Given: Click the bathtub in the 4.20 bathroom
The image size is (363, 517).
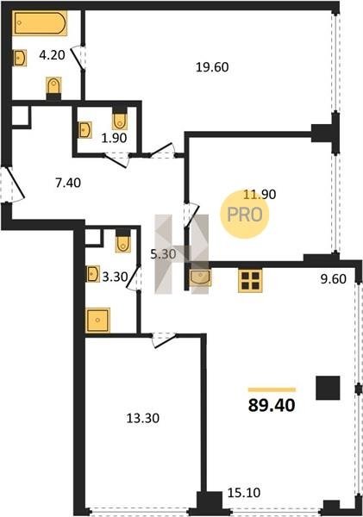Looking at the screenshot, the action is (x=40, y=22).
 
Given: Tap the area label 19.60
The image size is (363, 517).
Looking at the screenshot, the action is (x=212, y=67).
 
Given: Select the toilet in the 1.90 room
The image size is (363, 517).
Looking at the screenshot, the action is (x=120, y=119).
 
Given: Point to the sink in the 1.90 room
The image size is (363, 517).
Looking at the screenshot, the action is (x=85, y=129).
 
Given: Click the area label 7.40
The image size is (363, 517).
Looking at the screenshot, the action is (x=68, y=183).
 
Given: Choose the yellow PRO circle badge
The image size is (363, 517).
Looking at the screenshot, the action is (x=245, y=215).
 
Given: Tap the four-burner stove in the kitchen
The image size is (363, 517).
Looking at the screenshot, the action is (x=250, y=281).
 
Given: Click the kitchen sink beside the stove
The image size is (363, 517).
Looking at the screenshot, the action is (x=200, y=277).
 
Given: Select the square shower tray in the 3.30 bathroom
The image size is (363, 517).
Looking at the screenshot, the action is (x=97, y=321).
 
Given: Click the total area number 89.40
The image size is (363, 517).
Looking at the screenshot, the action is (x=272, y=405).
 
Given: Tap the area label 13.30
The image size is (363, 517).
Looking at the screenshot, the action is (x=143, y=418).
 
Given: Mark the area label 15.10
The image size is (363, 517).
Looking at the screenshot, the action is (x=244, y=493).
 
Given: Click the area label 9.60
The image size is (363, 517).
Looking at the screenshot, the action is (x=334, y=279).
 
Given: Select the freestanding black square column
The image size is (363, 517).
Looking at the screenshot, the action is (x=328, y=388).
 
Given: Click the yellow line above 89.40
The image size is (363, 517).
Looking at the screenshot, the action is (x=272, y=389).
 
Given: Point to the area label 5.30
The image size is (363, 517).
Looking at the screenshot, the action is (x=163, y=254).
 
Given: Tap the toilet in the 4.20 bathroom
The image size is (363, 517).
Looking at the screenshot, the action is (x=53, y=87).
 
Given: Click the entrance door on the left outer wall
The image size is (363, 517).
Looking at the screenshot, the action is (x=13, y=184).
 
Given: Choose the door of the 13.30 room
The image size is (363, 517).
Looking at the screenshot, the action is (x=164, y=340).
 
